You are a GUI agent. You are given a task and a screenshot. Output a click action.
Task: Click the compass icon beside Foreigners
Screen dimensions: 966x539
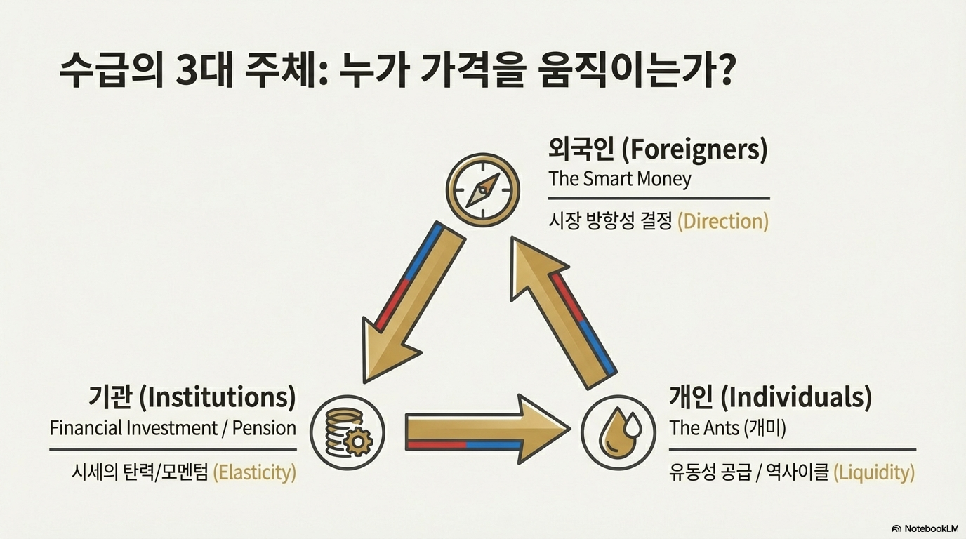click(x=482, y=189)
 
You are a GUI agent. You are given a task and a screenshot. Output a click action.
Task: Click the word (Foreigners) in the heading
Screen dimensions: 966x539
click(x=695, y=149)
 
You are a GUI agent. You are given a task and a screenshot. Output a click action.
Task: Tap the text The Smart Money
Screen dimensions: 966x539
click(x=620, y=179)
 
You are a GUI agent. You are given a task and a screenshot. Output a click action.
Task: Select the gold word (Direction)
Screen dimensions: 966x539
click(x=723, y=222)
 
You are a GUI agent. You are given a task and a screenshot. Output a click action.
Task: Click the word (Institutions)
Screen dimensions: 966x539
click(x=217, y=397)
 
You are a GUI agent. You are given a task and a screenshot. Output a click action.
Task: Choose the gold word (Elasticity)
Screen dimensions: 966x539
click(x=254, y=472)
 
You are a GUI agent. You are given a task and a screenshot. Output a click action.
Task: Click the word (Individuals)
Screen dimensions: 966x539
click(x=796, y=397)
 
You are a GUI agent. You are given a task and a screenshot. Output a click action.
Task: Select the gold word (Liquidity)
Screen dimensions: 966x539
click(x=874, y=472)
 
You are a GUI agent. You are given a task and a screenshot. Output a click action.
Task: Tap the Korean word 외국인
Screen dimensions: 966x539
click(x=581, y=149)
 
